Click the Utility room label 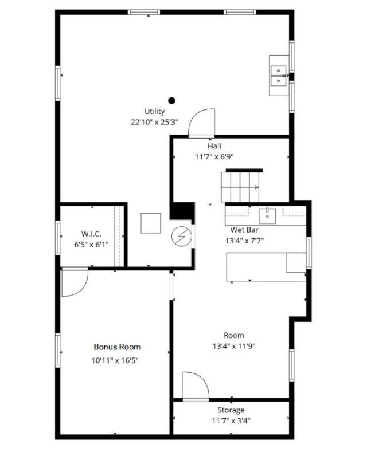point(154,112)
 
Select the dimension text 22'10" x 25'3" point(154,123)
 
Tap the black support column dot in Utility point(172,101)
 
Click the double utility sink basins point(278,76)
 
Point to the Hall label point(214,146)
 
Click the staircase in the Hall point(240,187)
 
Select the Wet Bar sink point(267,216)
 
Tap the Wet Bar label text point(244,230)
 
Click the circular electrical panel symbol point(181,237)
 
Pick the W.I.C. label point(91,234)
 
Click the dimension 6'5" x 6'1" point(91,245)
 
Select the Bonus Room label point(117,347)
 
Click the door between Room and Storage point(196,386)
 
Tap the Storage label point(231,410)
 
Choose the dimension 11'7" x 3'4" point(231,421)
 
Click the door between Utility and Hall point(201,123)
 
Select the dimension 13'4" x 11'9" point(234,347)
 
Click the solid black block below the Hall point(182,210)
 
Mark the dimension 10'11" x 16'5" point(115,360)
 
